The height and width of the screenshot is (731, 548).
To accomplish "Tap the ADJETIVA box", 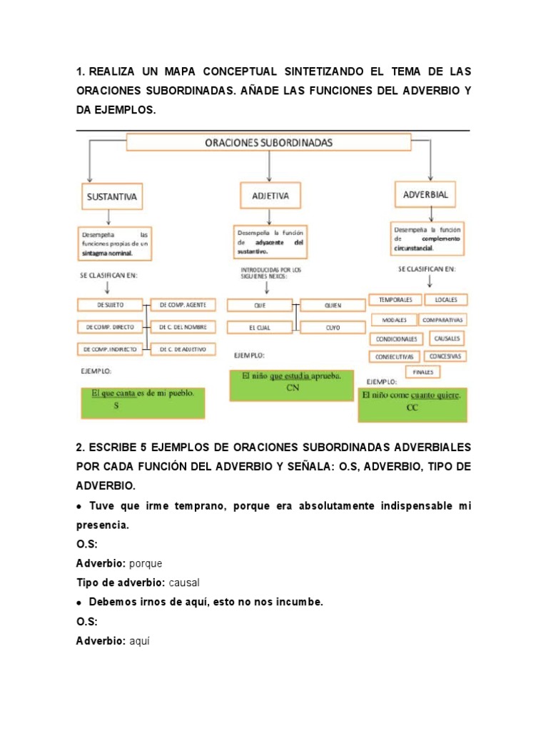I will tap(266, 194).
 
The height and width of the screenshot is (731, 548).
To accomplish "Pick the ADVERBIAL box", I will tap(425, 193).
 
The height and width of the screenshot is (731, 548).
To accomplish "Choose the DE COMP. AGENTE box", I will tap(183, 305).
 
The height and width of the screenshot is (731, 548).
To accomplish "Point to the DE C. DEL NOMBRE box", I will tap(183, 327).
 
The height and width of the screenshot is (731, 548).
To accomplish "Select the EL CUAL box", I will tap(259, 328).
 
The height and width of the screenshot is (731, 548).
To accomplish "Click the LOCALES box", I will tap(446, 300).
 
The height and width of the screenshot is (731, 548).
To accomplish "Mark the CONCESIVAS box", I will tap(446, 356).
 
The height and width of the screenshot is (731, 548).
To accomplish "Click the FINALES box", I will tap(424, 372).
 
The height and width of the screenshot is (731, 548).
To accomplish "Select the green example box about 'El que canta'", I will tap(143, 402).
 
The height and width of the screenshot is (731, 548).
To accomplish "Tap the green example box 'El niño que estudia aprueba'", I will tap(291, 385).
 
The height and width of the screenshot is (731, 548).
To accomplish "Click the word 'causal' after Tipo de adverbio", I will tap(184, 583).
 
